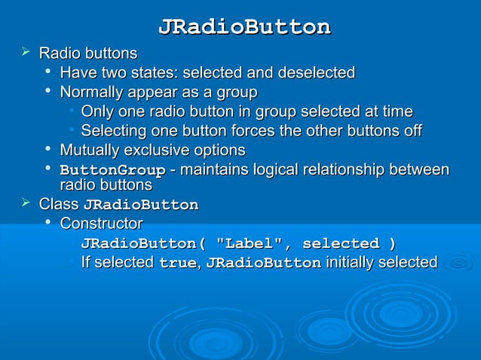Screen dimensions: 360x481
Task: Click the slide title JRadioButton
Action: coord(244,27)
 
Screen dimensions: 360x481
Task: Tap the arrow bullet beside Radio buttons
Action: coord(26,53)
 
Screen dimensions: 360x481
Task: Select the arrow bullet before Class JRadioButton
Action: coord(26,203)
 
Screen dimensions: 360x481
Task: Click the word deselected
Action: coord(317,73)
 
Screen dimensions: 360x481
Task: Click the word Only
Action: coord(96,112)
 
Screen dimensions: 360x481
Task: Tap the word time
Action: coord(397,112)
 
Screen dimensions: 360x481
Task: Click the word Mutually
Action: coord(89,150)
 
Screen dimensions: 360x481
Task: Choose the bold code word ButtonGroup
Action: coord(112,169)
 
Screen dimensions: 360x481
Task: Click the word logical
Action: coord(279,169)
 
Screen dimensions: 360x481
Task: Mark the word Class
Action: coord(58,204)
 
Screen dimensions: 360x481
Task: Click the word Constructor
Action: coord(101,224)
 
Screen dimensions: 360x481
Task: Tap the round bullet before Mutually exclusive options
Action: coord(48,150)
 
